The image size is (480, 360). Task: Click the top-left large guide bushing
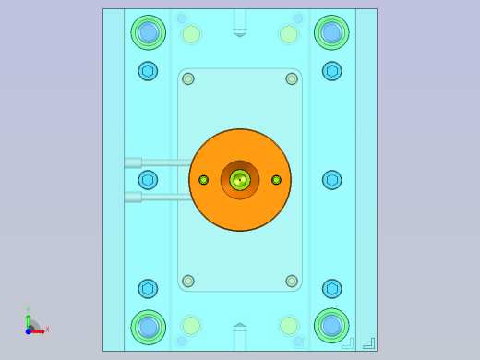click(x=148, y=32)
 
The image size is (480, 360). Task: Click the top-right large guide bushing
click(x=331, y=32)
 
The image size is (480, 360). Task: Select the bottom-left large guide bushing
click(x=148, y=326)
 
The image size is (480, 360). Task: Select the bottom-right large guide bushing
click(x=331, y=325)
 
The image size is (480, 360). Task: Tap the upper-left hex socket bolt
click(x=148, y=71)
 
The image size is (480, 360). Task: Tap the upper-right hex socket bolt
click(x=332, y=71)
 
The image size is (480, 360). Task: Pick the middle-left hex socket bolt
click(x=148, y=180)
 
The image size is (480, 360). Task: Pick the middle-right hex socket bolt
click(x=332, y=180)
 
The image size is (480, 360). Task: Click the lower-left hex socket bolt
click(x=148, y=289)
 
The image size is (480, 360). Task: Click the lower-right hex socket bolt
click(x=332, y=289)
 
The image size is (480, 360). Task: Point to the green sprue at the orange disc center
click(x=240, y=180)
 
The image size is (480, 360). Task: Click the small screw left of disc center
click(x=204, y=180)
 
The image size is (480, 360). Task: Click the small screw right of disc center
click(x=276, y=180)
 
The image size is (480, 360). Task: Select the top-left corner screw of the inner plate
click(x=188, y=78)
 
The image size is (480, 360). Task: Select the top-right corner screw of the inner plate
click(x=292, y=78)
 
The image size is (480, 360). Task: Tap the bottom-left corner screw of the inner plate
click(x=188, y=281)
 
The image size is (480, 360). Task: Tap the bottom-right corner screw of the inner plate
click(x=292, y=281)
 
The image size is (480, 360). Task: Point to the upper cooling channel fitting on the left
click(x=133, y=162)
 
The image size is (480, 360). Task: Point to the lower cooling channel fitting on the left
click(x=133, y=197)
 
